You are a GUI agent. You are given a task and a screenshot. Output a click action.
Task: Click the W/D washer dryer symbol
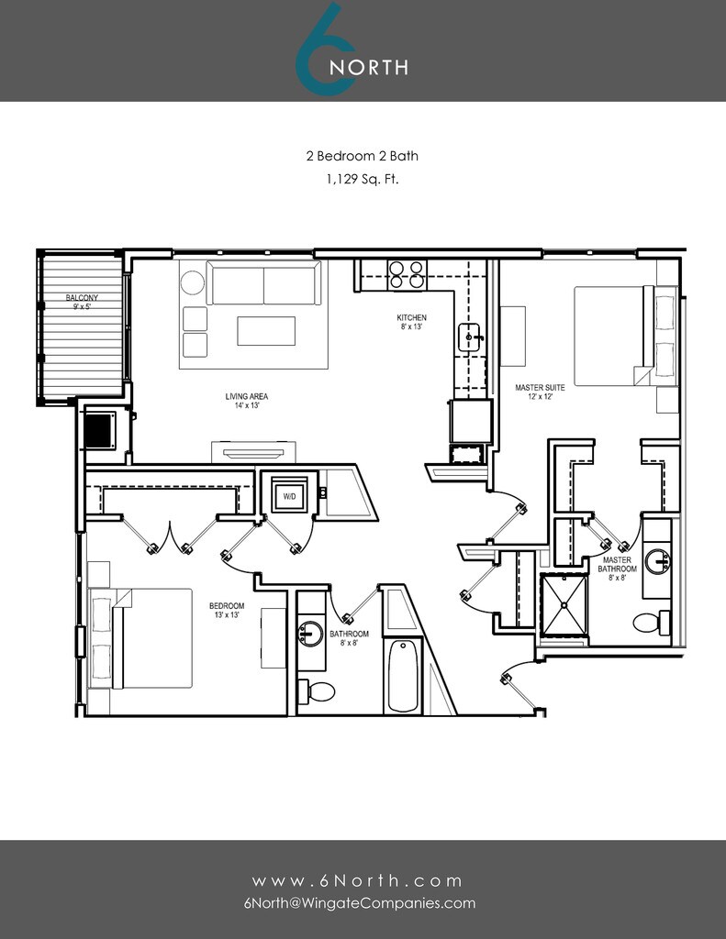pyautogui.click(x=289, y=495)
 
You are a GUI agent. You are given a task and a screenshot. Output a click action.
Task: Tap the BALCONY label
pyautogui.click(x=82, y=298)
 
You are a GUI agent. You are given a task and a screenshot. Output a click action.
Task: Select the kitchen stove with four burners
pyautogui.click(x=408, y=274)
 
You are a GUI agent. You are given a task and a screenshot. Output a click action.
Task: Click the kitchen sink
pyautogui.click(x=469, y=337)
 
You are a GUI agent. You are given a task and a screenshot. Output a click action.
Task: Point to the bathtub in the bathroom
pyautogui.click(x=403, y=676)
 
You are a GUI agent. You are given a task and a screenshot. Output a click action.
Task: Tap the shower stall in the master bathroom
pyautogui.click(x=564, y=604)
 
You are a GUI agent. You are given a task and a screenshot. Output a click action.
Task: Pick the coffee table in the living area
pyautogui.click(x=266, y=331)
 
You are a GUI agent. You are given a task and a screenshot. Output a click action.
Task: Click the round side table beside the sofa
pyautogui.click(x=193, y=282)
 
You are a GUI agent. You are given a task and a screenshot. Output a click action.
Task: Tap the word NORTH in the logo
pyautogui.click(x=369, y=67)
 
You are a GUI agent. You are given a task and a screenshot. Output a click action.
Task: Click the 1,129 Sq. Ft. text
pyautogui.click(x=363, y=179)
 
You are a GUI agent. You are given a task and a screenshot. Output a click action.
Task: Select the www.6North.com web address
pyautogui.click(x=357, y=881)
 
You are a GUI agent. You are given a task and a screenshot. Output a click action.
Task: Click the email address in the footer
pyautogui.click(x=360, y=903)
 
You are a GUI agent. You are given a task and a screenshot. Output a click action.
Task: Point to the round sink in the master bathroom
pyautogui.click(x=658, y=562)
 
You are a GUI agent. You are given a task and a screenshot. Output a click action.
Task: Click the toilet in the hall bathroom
pyautogui.click(x=317, y=691)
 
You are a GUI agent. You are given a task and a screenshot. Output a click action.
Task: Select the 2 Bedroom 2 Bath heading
pyautogui.click(x=363, y=156)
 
